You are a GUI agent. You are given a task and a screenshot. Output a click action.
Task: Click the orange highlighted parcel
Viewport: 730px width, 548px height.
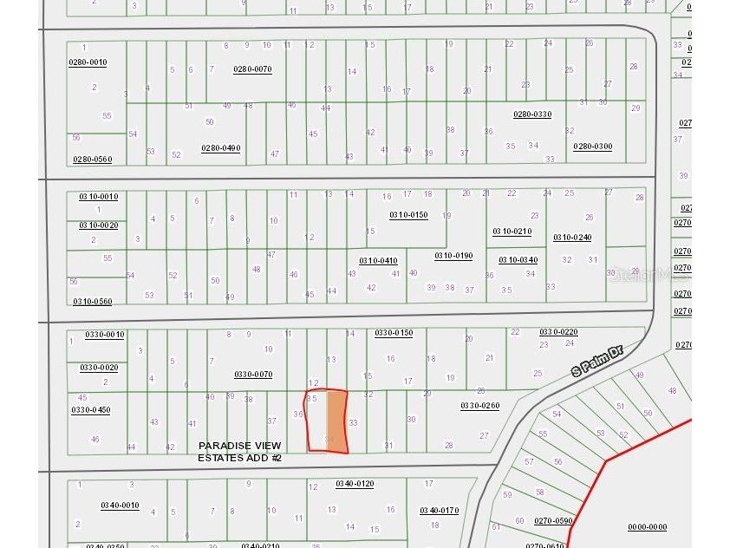coord(336,421)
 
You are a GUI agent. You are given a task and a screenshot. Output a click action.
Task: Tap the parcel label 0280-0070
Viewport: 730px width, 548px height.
coord(252,68)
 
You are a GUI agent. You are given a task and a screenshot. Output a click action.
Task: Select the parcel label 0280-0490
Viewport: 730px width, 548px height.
coord(220,147)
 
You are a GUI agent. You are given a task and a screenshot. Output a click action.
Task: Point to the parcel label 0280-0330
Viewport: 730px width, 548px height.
coord(532,114)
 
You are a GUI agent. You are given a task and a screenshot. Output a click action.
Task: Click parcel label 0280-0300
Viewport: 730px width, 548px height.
coord(592,147)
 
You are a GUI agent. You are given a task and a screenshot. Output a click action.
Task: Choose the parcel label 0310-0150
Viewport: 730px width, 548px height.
coord(408,214)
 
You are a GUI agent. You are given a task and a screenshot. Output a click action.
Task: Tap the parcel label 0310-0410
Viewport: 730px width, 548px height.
coord(378,260)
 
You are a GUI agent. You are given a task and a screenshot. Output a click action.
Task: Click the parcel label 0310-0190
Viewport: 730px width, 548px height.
coord(453,256)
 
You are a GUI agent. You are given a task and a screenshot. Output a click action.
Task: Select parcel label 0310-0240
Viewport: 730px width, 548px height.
coord(572,237)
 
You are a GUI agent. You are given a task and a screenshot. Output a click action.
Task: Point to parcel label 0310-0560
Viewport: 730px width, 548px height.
coord(92,301)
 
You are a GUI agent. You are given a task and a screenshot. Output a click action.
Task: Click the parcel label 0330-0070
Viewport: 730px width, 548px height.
coord(253,374)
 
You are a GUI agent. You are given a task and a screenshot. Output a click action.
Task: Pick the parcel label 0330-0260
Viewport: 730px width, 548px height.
coord(479,405)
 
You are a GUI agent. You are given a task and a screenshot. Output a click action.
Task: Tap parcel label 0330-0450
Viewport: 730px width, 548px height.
coord(91,409)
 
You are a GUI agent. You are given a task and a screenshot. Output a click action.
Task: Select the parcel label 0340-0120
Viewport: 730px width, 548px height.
coord(355,483)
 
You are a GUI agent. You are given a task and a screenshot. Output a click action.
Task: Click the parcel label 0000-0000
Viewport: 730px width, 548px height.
coord(647,526)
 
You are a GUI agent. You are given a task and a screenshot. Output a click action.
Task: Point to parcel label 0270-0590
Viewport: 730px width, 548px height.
coord(553,520)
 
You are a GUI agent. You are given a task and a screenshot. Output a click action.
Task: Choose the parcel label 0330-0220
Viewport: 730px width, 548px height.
coord(558,332)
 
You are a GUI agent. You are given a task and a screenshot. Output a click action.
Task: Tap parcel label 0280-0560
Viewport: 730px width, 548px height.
coord(92,159)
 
